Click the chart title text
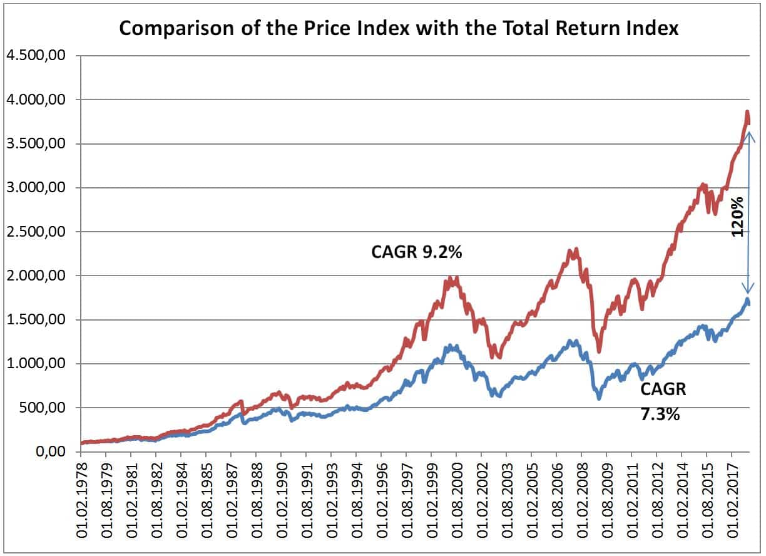399,29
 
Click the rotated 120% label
738,215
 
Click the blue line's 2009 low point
599,397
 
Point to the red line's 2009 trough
599,351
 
